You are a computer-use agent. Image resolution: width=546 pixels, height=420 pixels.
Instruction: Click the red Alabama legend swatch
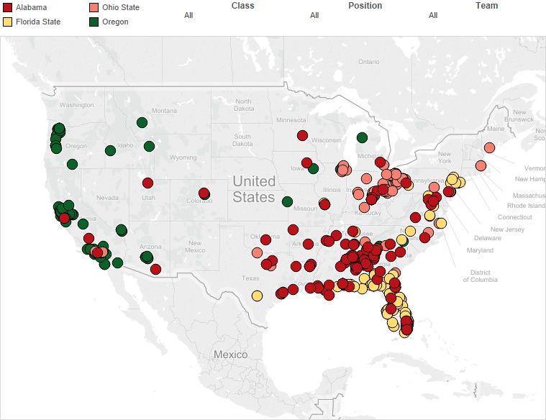[x=8, y=7]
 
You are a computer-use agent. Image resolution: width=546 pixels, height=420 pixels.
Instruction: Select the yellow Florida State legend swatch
[x=8, y=22]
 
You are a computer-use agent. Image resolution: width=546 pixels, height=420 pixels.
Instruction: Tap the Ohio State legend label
[x=121, y=7]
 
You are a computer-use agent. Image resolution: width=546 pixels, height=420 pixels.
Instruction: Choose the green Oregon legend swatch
[x=94, y=22]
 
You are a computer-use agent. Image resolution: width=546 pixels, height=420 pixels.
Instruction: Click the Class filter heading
[x=243, y=6]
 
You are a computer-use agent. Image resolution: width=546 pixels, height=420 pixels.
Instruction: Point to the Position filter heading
[x=365, y=6]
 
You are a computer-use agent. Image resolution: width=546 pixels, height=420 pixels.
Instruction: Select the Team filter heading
[x=486, y=6]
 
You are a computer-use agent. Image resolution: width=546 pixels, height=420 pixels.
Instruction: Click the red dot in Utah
[x=147, y=183]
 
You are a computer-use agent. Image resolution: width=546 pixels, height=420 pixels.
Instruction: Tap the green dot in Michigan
[x=362, y=137]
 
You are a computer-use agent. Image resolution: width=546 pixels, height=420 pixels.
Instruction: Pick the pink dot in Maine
[x=489, y=147]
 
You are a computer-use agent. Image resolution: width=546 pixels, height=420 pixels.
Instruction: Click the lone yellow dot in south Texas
[x=257, y=295]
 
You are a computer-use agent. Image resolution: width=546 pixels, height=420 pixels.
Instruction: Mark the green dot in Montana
[x=142, y=122]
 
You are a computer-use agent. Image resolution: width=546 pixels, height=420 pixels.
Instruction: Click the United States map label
[x=253, y=189]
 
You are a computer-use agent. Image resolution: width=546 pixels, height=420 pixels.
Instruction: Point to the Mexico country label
[x=230, y=355]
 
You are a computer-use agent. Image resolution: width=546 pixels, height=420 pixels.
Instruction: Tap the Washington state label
[x=76, y=105]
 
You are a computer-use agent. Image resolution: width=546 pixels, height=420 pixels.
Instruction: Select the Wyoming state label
[x=182, y=157]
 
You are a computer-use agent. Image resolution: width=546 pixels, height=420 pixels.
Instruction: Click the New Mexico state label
[x=194, y=247]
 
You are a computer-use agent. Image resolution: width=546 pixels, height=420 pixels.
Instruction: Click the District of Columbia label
[x=476, y=276]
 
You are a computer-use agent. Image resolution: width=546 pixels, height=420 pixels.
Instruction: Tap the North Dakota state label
[x=243, y=105]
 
